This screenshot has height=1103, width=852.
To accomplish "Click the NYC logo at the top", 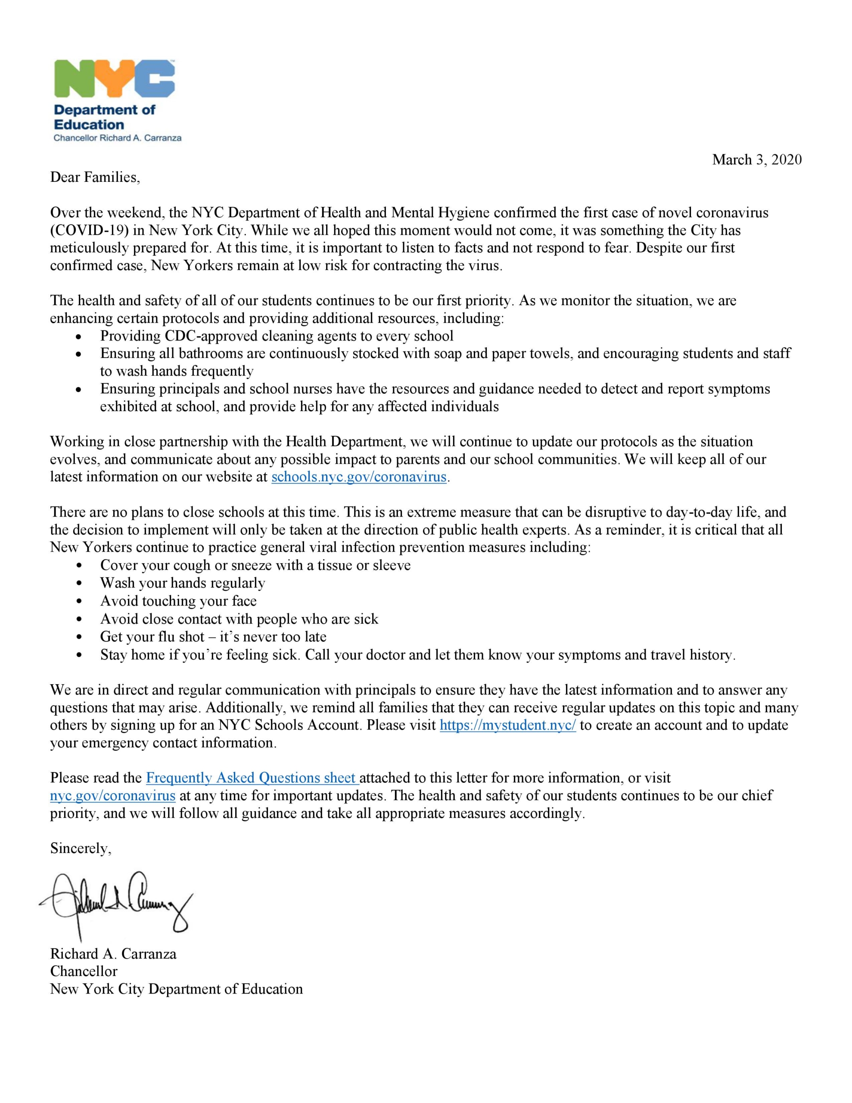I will tap(114, 79).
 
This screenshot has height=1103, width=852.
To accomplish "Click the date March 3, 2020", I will tap(756, 159).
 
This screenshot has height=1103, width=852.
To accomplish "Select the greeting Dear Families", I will tap(94, 177).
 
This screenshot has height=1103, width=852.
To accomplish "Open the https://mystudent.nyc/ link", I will tap(507, 725).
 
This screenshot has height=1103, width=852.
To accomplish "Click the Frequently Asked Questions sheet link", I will tap(252, 778).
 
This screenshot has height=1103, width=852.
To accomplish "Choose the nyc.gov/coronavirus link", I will tap(112, 795).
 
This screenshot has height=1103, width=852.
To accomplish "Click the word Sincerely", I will tap(80, 848).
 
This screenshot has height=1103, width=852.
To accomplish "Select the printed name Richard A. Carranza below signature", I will tap(113, 953).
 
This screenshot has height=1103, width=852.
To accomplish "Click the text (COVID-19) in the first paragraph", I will tap(90, 231).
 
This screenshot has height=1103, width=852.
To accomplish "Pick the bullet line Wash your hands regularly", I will tap(182, 583).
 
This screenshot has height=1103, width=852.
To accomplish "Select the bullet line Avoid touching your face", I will tap(178, 601).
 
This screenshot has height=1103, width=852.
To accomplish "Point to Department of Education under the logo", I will tap(105, 117).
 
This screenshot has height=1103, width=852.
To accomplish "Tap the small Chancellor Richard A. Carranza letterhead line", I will tap(118, 138).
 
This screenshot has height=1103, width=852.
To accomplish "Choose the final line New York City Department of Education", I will tap(176, 989).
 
